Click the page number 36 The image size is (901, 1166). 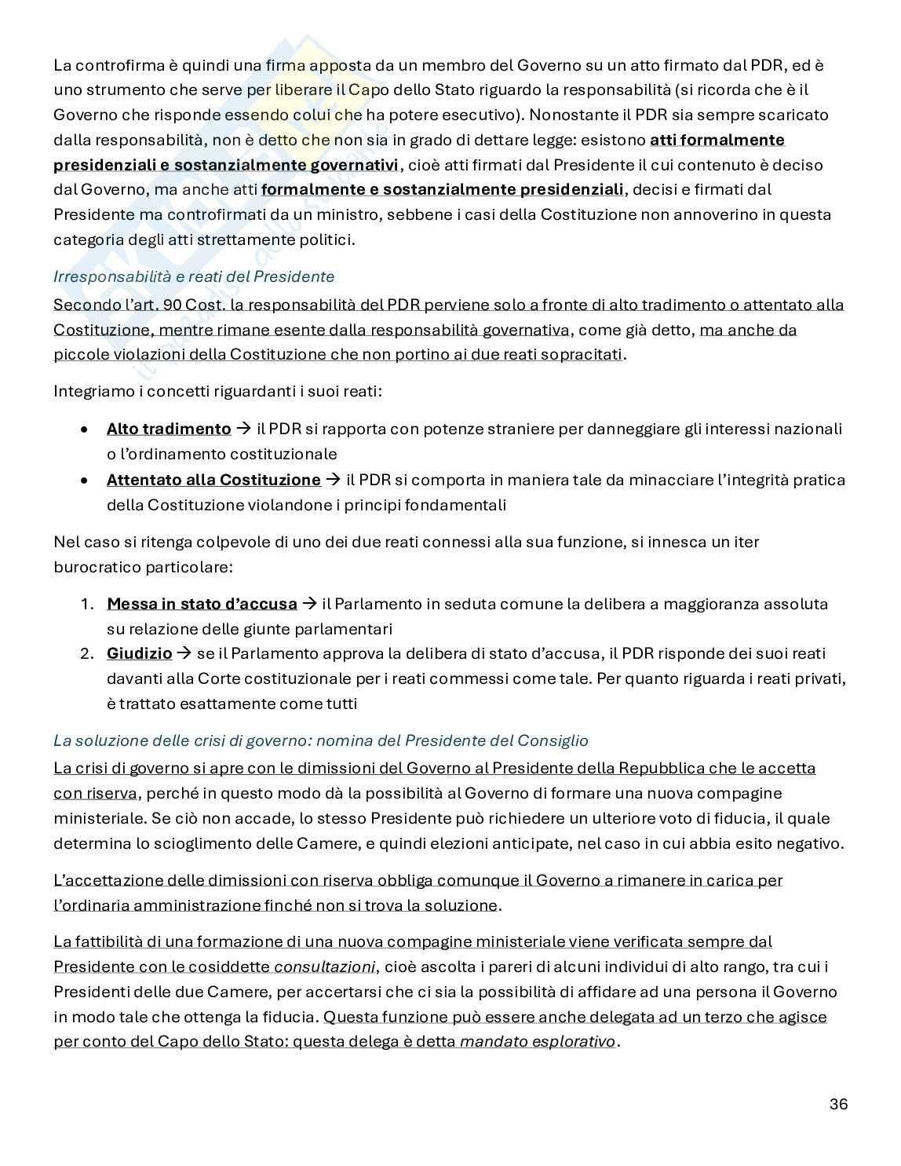click(838, 1104)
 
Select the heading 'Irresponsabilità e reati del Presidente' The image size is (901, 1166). click(194, 276)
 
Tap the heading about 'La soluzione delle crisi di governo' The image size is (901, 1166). click(320, 740)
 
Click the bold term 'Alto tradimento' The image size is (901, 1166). click(169, 429)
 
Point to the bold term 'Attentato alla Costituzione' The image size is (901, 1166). click(213, 480)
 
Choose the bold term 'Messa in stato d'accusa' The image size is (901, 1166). click(202, 604)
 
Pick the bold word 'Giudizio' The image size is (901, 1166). click(139, 653)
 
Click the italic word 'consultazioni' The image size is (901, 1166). click(324, 967)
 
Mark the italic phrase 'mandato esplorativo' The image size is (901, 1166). click(538, 1042)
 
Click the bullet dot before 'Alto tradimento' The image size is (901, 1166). click(84, 429)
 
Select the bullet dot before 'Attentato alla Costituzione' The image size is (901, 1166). click(84, 481)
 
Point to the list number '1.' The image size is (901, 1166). click(87, 604)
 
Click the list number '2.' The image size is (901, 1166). click(87, 653)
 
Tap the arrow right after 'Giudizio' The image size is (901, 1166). click(184, 653)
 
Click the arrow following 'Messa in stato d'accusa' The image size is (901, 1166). click(309, 604)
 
